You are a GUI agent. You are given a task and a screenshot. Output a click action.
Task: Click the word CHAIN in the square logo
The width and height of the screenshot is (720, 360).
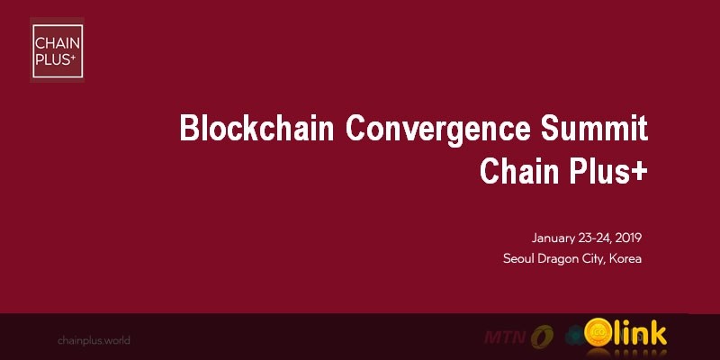tap(55, 41)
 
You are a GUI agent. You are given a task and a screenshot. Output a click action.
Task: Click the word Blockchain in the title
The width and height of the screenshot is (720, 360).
tap(256, 129)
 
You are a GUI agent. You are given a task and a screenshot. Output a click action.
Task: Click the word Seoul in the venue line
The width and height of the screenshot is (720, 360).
tap(519, 259)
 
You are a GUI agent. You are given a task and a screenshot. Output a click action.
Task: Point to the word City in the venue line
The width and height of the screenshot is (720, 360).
tap(598, 259)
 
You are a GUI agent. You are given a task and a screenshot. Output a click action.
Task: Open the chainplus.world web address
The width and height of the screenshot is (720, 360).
tap(94, 340)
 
